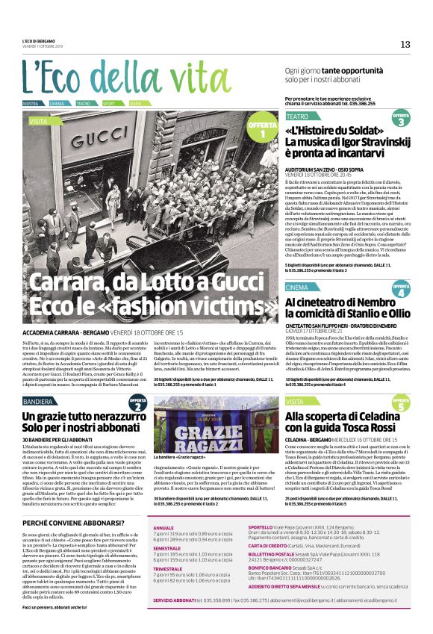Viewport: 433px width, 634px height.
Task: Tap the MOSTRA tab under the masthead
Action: [31, 103]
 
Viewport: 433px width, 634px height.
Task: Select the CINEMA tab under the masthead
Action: [57, 103]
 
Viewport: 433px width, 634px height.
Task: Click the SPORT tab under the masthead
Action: [109, 103]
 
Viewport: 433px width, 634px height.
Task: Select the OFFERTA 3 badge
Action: [400, 119]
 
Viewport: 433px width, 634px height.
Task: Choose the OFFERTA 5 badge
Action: [400, 404]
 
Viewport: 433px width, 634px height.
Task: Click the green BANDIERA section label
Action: [38, 401]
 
